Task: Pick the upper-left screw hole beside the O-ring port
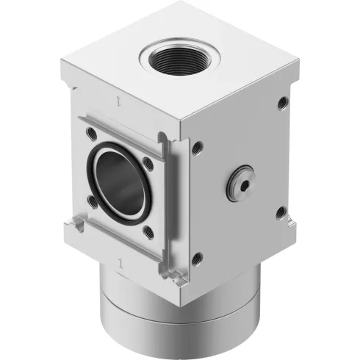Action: (x=91, y=134)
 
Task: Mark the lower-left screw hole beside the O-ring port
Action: (x=92, y=199)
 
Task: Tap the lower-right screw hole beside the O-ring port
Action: (x=149, y=232)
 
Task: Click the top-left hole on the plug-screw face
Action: (x=197, y=147)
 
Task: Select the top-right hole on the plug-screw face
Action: (x=282, y=103)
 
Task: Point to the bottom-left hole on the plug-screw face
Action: (x=196, y=257)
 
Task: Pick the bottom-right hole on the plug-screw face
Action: (x=281, y=213)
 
